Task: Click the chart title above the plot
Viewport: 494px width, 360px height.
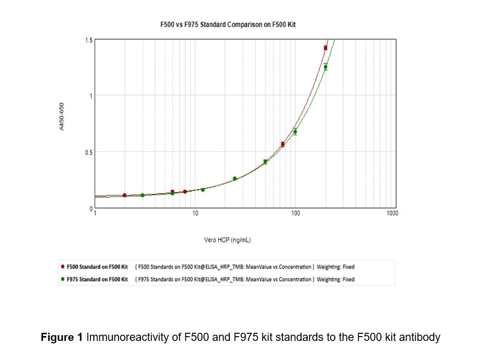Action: coord(228,24)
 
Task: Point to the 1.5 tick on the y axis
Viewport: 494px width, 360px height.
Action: coord(89,41)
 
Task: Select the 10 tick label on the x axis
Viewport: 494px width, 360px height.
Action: coord(195,213)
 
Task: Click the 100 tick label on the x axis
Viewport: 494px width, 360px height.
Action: coord(295,213)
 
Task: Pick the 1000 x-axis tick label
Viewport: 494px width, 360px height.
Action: coord(392,213)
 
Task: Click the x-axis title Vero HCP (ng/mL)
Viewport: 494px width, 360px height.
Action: coord(227,240)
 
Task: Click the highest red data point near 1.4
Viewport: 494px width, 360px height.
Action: coord(325,48)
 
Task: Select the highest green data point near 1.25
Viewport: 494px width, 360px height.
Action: coord(325,67)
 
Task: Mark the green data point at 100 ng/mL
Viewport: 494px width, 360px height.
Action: coord(295,132)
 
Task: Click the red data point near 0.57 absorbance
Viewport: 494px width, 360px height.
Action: coord(282,144)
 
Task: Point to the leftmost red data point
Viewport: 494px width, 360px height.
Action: coord(125,195)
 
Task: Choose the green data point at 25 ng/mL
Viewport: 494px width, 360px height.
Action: coord(235,179)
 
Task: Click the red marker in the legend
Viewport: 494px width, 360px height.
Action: coord(63,267)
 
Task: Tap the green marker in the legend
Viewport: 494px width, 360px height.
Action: coord(63,279)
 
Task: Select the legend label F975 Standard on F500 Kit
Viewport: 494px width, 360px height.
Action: coord(97,279)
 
